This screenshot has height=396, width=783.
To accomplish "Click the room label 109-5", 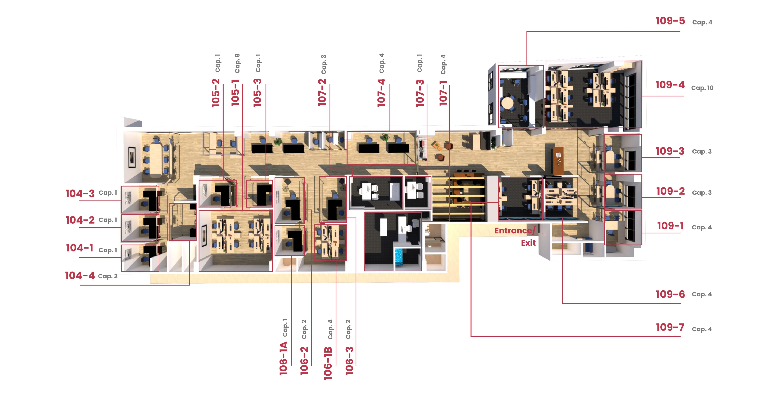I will [670, 21].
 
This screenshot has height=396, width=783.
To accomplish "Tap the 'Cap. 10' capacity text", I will [702, 88].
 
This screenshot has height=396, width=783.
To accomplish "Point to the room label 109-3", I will [670, 151].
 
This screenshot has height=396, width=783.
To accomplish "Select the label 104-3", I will [80, 193].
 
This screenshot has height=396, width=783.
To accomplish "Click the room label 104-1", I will [80, 248].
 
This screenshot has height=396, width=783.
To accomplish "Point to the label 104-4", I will [80, 275].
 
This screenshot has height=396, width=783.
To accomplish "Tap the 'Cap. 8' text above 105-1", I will [237, 63].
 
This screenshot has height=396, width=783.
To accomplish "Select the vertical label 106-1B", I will [328, 363].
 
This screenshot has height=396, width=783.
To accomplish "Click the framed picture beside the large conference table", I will [132, 157].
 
